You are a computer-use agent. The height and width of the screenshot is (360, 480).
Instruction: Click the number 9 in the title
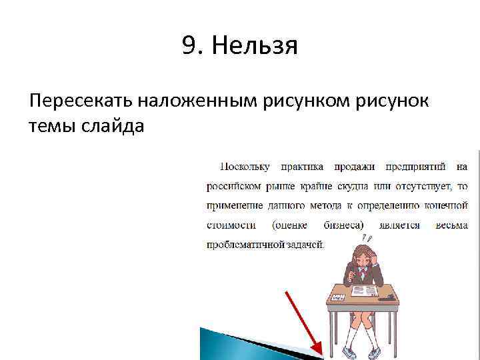[x=189, y=47]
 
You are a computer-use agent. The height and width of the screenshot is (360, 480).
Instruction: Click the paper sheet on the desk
[x=363, y=291]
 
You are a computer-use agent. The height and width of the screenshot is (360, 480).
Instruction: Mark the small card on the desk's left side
[x=339, y=297]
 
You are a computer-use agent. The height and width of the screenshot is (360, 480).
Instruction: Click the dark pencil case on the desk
[x=385, y=298]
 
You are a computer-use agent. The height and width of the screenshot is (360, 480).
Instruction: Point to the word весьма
[x=451, y=225]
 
